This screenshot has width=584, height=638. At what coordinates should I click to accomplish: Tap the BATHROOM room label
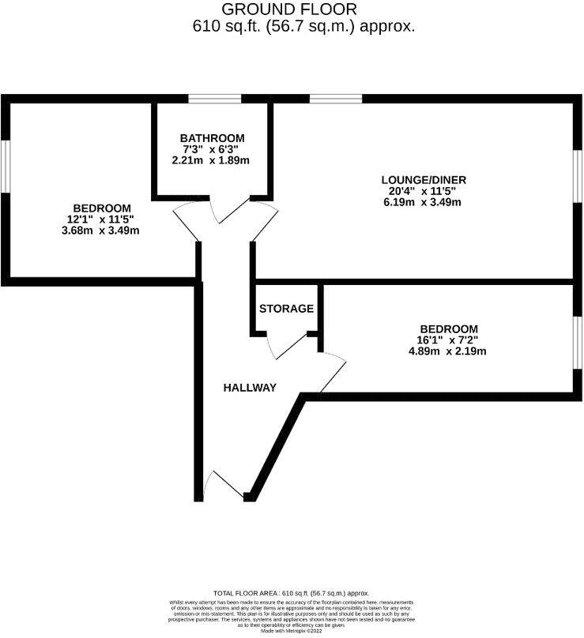tap(211, 137)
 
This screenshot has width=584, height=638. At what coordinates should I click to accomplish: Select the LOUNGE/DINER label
tap(417, 178)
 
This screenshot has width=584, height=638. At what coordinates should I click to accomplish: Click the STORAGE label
tap(286, 309)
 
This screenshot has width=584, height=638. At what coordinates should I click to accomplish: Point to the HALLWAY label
tap(249, 388)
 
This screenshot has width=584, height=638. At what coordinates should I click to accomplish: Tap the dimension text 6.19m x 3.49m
tap(417, 202)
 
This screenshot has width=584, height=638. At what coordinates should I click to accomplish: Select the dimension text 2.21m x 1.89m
tap(211, 160)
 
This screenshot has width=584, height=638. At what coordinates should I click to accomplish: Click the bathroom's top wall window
tap(213, 99)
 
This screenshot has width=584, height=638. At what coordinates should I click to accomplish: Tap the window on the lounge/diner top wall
tap(336, 99)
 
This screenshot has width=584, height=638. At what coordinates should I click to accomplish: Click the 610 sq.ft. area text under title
tap(304, 26)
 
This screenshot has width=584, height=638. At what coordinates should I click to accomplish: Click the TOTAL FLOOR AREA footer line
tap(291, 593)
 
